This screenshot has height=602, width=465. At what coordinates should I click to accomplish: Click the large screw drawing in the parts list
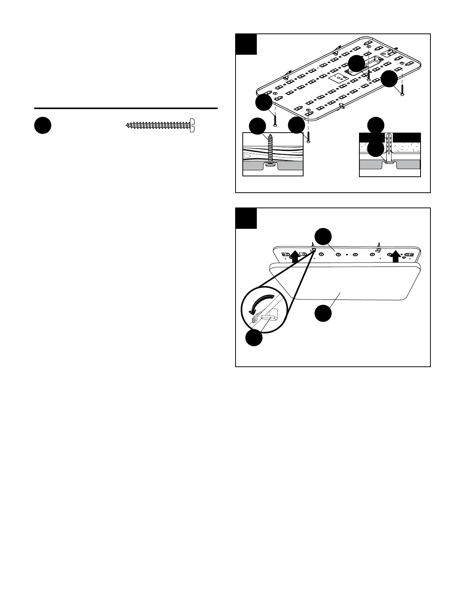point(160,125)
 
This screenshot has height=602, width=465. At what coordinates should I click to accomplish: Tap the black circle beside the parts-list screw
point(43,125)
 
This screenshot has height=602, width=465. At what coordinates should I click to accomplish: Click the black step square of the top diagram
point(246,44)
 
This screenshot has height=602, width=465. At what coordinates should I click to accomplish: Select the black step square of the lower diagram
point(246,219)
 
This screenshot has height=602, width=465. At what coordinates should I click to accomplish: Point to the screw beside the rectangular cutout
point(369,74)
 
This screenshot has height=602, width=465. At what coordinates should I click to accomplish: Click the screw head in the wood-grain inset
point(269,165)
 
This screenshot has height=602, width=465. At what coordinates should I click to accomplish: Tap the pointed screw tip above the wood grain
point(270,135)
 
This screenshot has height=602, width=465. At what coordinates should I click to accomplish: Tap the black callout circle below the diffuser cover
point(323,314)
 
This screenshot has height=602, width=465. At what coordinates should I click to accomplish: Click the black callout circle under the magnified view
point(253,337)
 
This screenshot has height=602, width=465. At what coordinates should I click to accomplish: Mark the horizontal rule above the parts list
point(126,108)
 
